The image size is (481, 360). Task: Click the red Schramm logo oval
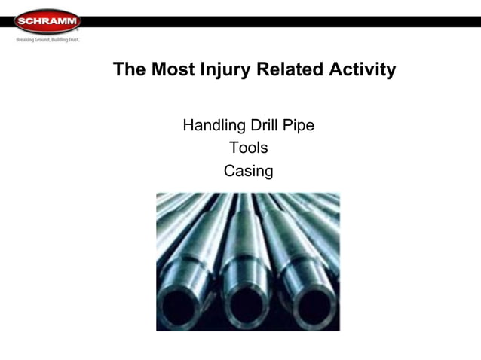pos(47,21)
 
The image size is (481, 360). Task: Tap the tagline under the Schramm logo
pos(47,39)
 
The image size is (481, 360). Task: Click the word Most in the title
pos(173,70)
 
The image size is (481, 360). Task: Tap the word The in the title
pos(130,70)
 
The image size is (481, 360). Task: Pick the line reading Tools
pos(248,148)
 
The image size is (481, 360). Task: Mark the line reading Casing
pos(248,171)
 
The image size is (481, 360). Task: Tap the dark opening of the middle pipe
pos(247,307)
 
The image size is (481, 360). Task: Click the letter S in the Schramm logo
pos(20,21)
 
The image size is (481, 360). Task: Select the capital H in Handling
pos(188,125)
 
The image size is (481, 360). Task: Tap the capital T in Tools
pos(234,148)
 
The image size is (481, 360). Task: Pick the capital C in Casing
pos(229,171)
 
